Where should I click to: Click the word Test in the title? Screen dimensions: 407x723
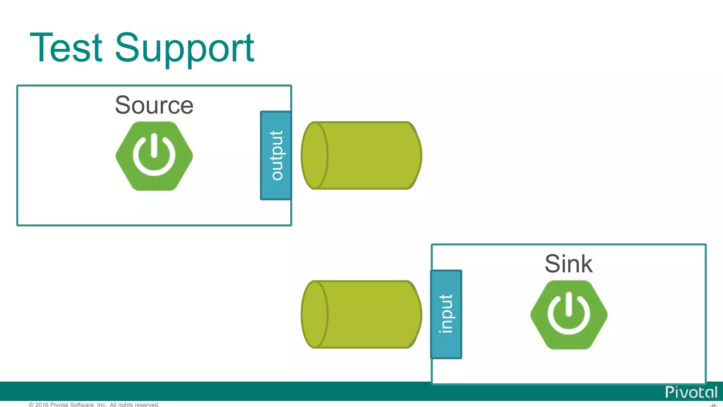coord(66,48)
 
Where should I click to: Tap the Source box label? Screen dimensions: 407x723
coord(154,105)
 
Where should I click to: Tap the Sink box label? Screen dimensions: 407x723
coord(568,264)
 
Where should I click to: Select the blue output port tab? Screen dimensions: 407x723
coord(276,155)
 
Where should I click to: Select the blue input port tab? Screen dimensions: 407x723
coord(446,314)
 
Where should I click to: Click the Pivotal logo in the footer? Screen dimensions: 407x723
coord(691,393)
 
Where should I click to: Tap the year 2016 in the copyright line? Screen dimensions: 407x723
coord(42,405)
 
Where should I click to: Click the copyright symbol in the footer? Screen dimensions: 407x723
coord(31,405)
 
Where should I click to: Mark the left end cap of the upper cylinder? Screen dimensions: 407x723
coord(314,155)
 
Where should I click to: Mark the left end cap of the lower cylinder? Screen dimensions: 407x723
coord(314,314)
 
